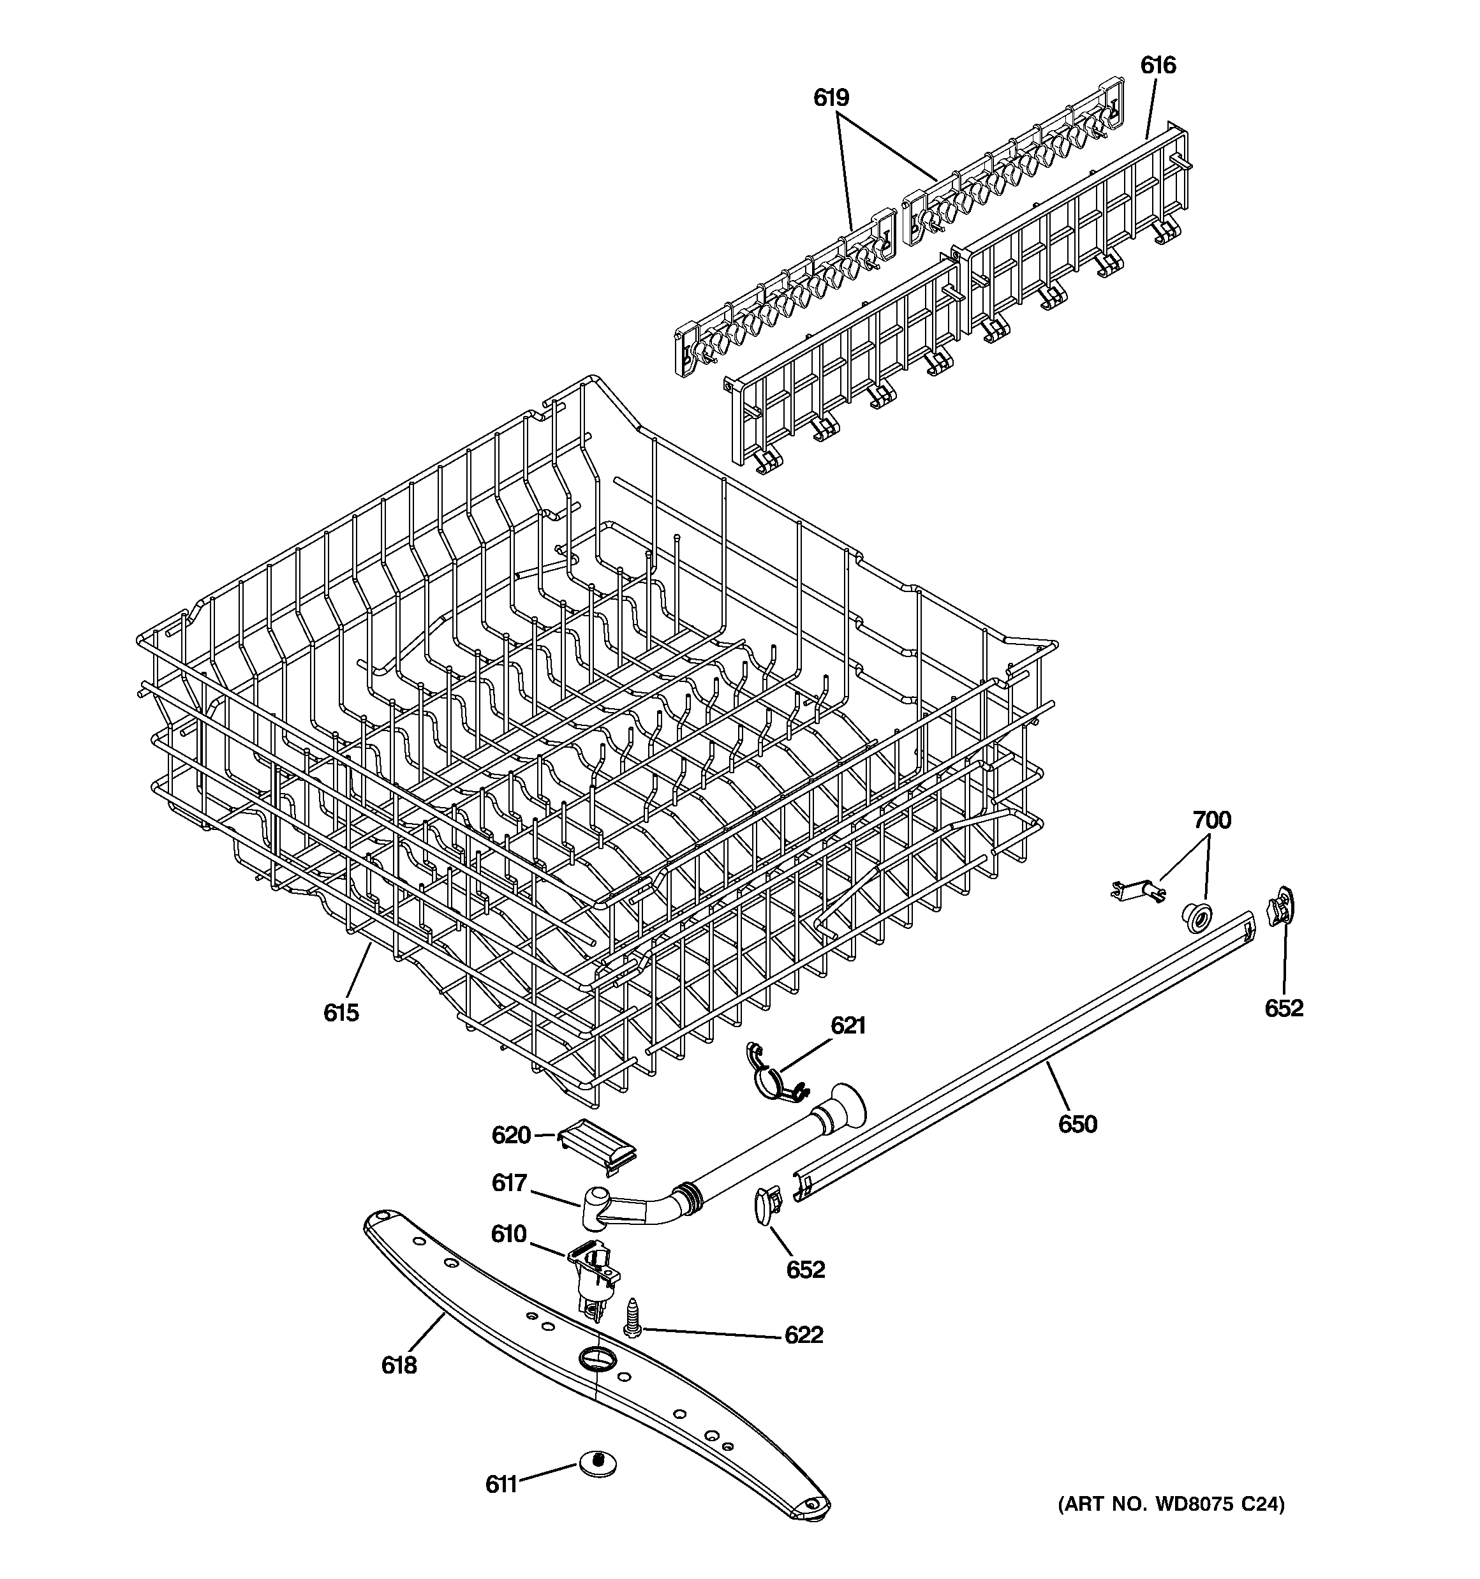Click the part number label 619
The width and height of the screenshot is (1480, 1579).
pyautogui.click(x=831, y=98)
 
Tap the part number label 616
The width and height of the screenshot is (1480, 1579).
pyautogui.click(x=1157, y=65)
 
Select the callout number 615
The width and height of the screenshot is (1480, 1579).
pyautogui.click(x=341, y=1012)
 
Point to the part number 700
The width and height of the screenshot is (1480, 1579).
pyautogui.click(x=1211, y=820)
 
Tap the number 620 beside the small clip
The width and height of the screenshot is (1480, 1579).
pyautogui.click(x=511, y=1135)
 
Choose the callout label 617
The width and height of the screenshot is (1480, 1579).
pyautogui.click(x=509, y=1183)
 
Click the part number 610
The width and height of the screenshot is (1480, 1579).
pyautogui.click(x=508, y=1233)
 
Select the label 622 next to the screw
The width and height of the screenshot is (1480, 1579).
pyautogui.click(x=803, y=1335)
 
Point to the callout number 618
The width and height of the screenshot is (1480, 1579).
pyautogui.click(x=399, y=1365)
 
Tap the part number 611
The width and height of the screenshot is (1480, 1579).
pyautogui.click(x=501, y=1484)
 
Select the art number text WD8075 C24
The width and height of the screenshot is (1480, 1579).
pyautogui.click(x=1170, y=1504)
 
